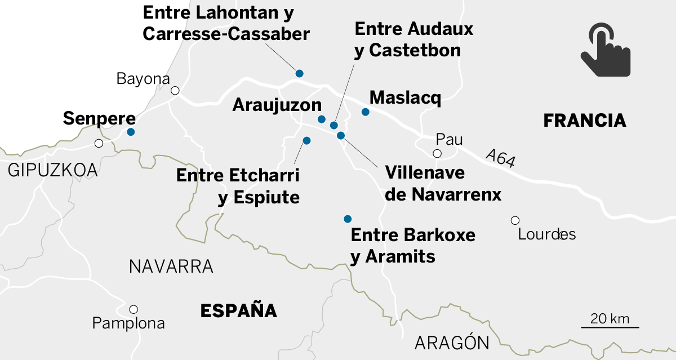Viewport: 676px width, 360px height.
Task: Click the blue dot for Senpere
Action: click(131, 132)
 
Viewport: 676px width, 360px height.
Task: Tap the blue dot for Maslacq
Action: click(365, 112)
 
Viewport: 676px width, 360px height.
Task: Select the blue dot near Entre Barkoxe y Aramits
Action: click(348, 219)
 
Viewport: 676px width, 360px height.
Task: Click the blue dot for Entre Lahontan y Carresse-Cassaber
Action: click(300, 73)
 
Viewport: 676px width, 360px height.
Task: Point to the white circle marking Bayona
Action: click(175, 91)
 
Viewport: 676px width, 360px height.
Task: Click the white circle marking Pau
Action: click(437, 153)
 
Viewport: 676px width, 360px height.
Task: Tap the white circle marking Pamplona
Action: click(134, 309)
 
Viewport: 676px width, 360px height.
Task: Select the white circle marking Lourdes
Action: click(515, 220)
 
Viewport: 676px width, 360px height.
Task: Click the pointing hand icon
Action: click(605, 50)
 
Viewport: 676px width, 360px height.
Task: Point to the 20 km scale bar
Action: click(610, 327)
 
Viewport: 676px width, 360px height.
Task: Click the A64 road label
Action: click(500, 158)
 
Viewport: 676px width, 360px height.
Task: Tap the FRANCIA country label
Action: click(584, 120)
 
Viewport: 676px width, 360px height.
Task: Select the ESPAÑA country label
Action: click(239, 310)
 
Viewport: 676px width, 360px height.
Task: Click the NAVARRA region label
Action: click(171, 266)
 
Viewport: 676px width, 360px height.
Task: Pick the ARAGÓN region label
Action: click(452, 343)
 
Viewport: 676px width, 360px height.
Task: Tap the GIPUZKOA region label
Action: click(53, 170)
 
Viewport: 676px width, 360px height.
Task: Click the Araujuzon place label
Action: click(277, 105)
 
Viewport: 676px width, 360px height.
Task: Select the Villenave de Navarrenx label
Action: click(443, 183)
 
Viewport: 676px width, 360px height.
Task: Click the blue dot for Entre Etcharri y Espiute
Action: click(307, 140)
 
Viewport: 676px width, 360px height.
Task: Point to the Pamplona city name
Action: click(128, 323)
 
